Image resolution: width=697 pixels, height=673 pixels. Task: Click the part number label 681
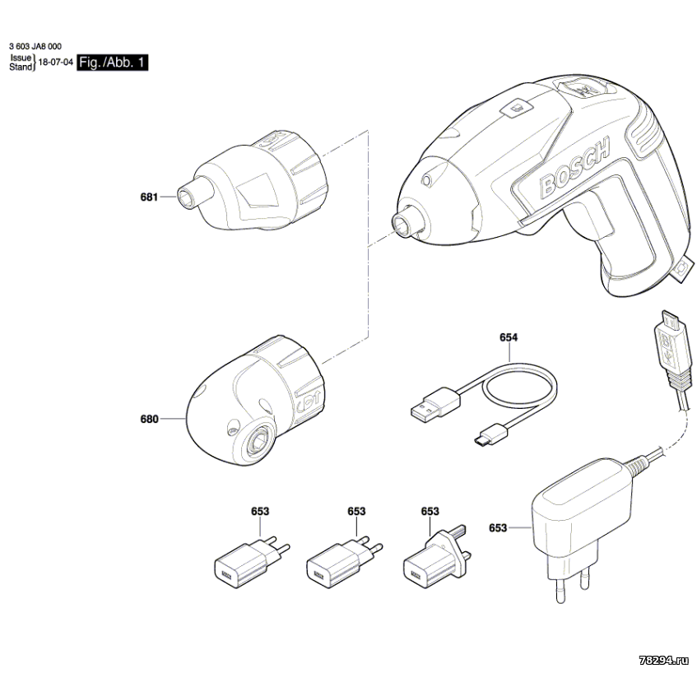pyautogui.click(x=149, y=197)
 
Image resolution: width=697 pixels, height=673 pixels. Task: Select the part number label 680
pyautogui.click(x=149, y=419)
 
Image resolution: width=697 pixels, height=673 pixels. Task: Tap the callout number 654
pyautogui.click(x=509, y=337)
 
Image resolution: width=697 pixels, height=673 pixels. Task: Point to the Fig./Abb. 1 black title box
pyautogui.click(x=113, y=63)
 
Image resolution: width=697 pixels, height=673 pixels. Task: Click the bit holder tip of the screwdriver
pyautogui.click(x=403, y=223)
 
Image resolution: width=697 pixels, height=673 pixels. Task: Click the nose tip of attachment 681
pyautogui.click(x=185, y=197)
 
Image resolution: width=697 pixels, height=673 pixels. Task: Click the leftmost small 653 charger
pyautogui.click(x=242, y=563)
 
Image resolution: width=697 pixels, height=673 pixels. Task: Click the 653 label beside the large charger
pyautogui.click(x=498, y=528)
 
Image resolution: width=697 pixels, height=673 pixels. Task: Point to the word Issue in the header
pyautogui.click(x=21, y=58)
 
